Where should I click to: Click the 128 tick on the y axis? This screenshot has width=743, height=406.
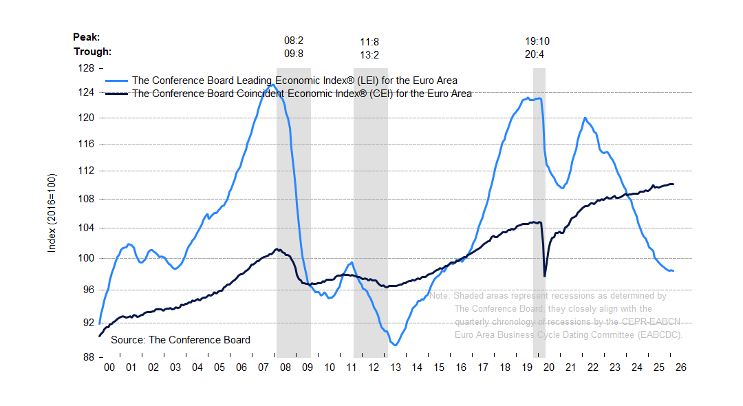point(86,68)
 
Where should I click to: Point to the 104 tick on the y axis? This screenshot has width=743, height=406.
point(86,228)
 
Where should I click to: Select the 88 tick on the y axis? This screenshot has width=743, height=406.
point(86,357)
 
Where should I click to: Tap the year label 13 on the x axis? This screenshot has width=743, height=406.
point(395,367)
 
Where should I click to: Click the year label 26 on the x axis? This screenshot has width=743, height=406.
point(681,367)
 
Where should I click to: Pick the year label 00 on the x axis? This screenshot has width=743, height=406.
point(109,367)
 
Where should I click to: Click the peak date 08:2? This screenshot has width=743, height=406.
point(294,41)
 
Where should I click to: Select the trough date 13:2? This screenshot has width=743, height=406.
point(370,54)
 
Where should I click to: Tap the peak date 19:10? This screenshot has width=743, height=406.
point(537,41)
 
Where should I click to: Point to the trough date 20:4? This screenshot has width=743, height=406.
point(535,54)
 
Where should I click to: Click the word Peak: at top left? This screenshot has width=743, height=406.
point(87,37)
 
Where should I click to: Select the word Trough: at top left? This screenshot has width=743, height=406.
point(92,51)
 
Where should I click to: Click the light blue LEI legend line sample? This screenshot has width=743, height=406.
point(116,81)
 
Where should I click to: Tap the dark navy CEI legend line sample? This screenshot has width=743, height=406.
point(116,94)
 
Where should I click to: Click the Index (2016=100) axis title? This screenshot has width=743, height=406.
point(52,213)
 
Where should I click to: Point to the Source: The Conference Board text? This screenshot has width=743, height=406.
point(180,340)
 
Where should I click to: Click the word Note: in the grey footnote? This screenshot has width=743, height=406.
point(440,296)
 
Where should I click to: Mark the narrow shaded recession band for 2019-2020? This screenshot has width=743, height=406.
point(539,206)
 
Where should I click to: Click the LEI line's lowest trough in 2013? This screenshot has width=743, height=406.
point(396,345)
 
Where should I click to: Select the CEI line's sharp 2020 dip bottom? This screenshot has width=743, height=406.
point(545,276)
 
